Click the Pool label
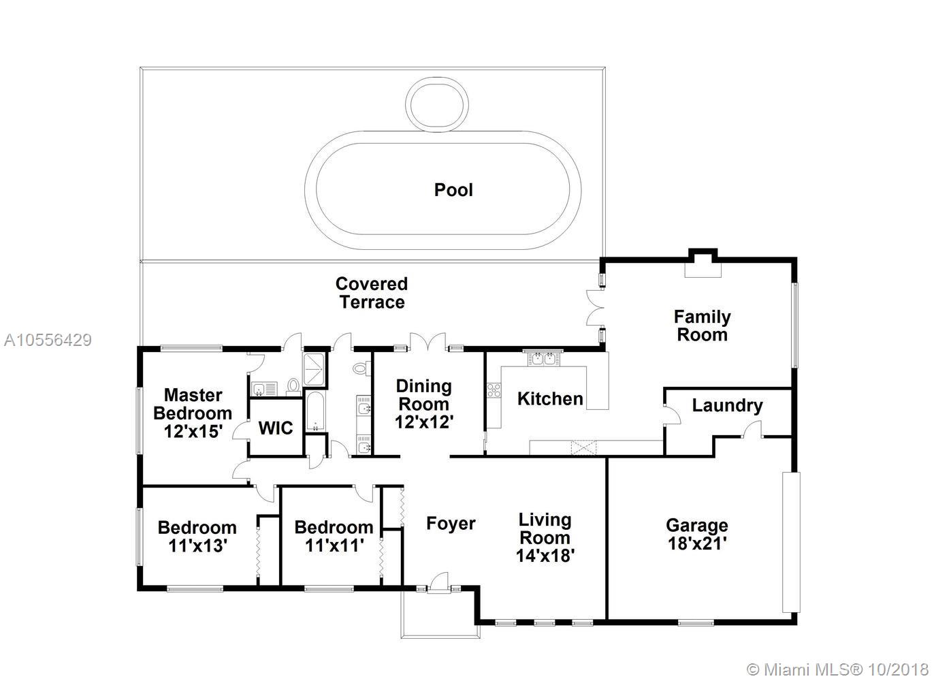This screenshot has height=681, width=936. (x=453, y=190)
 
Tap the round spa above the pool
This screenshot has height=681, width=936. (x=436, y=105)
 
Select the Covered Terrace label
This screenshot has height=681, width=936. (x=372, y=293)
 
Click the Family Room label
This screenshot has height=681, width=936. (x=702, y=326)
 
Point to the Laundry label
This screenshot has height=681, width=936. (x=728, y=406)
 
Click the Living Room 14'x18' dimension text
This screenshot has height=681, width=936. (x=545, y=556)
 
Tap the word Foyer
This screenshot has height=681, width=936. (x=451, y=524)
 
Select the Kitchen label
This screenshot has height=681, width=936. (x=550, y=399)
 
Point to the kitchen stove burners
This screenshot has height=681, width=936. (x=494, y=390)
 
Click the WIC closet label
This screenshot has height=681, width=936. (x=276, y=428)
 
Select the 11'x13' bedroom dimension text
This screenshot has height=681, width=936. (x=197, y=545)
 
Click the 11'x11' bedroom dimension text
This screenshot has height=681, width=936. (x=334, y=545)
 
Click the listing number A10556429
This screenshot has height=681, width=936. (x=48, y=340)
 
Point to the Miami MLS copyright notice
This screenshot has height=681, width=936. (x=838, y=670)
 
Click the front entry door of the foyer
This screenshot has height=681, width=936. (x=439, y=583)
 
